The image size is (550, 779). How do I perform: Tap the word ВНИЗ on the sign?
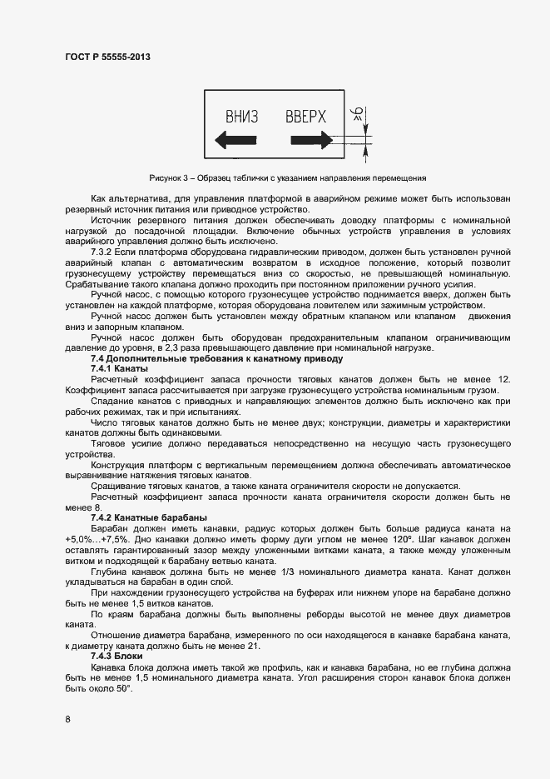coord(242,116)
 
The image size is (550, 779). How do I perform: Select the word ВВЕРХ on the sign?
coord(305,116)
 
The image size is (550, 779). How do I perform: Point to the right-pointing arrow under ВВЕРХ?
coord(309,140)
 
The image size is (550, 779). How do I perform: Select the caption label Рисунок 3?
coord(171,177)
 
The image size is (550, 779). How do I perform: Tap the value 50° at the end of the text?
coord(123,687)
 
